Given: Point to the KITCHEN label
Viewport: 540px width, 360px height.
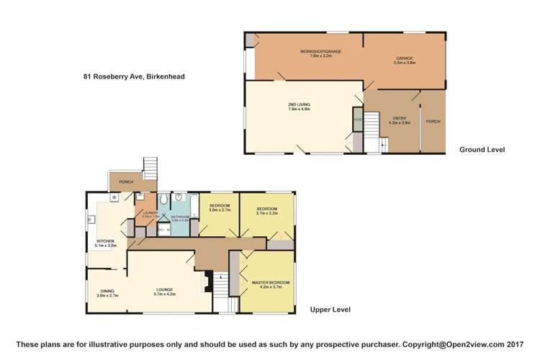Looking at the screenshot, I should pos(105,241).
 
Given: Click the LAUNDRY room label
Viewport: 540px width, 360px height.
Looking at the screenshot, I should pos(150,212).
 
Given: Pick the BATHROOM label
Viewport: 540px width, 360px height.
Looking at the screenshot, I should pos(180,217).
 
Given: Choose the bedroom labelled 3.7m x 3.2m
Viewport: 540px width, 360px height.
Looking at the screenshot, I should pos(266,210).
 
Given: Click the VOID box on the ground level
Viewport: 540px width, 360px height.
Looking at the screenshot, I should pos(357,119).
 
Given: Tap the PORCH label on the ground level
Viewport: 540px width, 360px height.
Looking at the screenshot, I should pos(433,121).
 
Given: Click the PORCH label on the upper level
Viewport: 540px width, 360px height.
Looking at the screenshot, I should pos(126,181).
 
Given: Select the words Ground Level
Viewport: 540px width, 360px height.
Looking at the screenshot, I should pos(482,150).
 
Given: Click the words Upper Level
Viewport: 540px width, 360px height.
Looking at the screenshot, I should pos(330,310).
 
